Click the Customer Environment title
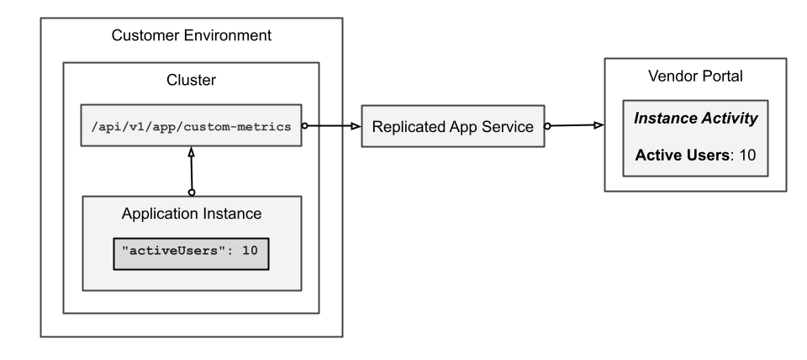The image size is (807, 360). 192,36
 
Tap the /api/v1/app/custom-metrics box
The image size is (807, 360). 191,126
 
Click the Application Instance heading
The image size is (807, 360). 192,214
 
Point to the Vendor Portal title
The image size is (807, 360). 695,77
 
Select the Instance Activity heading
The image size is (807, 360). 695,119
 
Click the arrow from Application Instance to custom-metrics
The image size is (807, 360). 193,172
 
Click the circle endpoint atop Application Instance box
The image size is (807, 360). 193,193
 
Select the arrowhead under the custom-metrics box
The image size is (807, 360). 192,154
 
